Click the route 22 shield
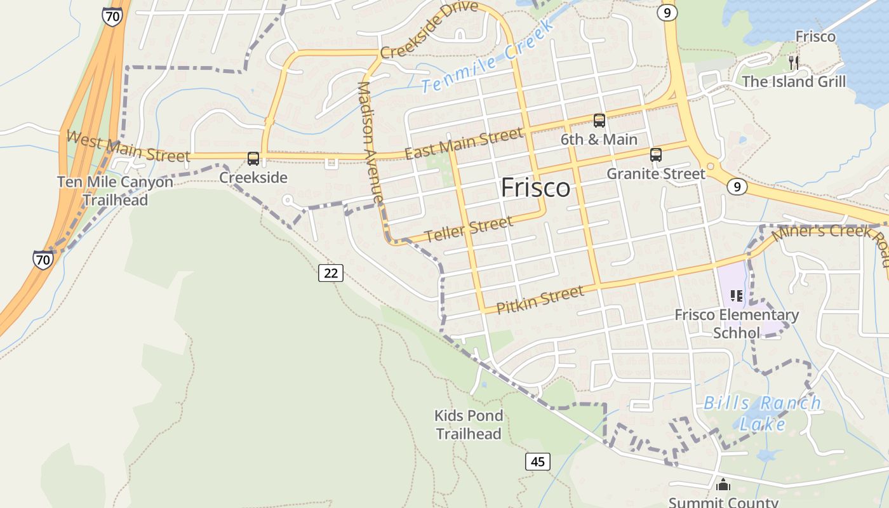coord(331,273)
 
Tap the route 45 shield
coord(537,462)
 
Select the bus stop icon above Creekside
coord(253,159)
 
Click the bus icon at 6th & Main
coord(599,121)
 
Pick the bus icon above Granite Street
coord(656,155)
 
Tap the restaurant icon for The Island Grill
coord(793,62)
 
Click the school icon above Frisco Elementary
coord(737,295)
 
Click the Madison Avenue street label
coord(371,142)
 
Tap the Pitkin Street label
coord(540,300)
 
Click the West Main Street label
coord(127,146)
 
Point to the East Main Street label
coord(464,144)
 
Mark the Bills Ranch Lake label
coord(762,413)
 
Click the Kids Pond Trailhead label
coord(469,425)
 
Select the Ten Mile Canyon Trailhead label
coord(115,190)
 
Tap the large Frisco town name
coord(535,188)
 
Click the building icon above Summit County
coord(723,485)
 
